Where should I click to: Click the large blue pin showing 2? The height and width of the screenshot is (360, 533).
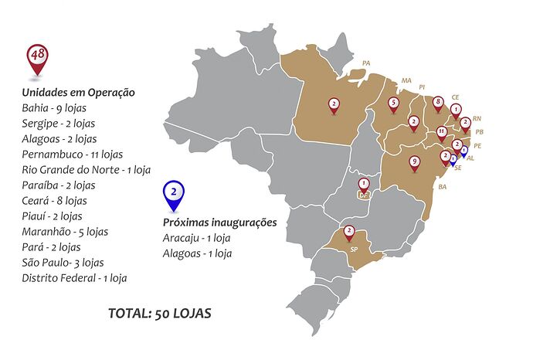[175, 193]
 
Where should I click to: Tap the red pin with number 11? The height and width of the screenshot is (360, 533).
[441, 132]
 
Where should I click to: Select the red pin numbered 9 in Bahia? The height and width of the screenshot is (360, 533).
[415, 162]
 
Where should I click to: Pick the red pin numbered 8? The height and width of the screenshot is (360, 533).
[438, 102]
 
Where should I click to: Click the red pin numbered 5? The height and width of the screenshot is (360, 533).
[394, 103]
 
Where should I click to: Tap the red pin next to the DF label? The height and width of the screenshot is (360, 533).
[364, 184]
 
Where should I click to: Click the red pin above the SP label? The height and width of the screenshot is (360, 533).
[349, 231]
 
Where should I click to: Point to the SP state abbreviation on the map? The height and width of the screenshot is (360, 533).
[354, 250]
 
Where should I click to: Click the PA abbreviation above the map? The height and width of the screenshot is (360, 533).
[366, 63]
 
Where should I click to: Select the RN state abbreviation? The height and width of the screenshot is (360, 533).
[477, 118]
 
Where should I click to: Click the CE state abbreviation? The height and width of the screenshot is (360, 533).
[455, 97]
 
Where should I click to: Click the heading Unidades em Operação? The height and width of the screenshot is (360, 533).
[79, 93]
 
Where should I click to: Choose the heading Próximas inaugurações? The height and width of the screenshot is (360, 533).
[219, 222]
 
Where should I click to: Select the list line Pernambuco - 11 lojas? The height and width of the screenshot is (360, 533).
[73, 155]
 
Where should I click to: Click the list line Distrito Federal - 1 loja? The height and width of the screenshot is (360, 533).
[74, 278]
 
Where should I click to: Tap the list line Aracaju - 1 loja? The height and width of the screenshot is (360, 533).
[197, 238]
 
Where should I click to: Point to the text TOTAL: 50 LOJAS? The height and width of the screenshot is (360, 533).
[160, 314]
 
